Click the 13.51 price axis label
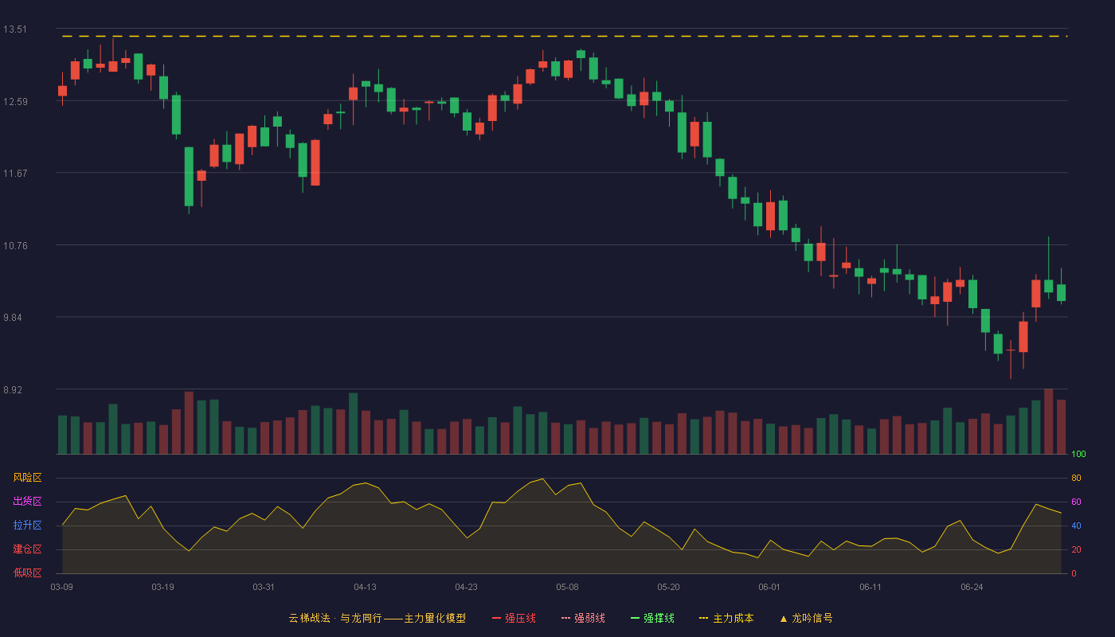(15, 29)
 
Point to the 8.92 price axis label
(13, 389)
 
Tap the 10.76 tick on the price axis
(15, 246)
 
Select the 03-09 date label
(62, 588)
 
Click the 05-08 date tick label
(567, 588)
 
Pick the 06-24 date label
(972, 588)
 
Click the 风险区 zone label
(27, 478)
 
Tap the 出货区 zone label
(27, 501)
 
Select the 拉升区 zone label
(27, 525)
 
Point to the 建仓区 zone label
(27, 549)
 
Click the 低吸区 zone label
(27, 573)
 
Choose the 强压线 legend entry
(514, 618)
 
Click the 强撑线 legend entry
(652, 618)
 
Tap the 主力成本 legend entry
(726, 618)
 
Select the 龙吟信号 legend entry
(806, 618)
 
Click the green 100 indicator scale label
(1078, 454)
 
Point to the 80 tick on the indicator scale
(1076, 478)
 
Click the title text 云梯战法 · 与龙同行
(335, 618)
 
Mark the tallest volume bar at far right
(1048, 421)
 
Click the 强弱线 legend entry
(583, 618)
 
